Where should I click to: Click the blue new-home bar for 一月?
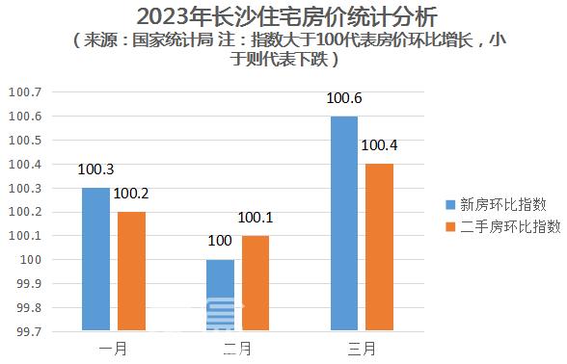click(95, 259)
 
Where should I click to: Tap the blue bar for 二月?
click(220, 295)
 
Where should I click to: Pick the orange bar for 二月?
click(255, 283)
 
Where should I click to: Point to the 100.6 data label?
click(343, 98)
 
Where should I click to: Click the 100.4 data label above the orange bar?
click(379, 145)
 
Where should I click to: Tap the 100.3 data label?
click(96, 169)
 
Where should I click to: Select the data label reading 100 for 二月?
click(220, 241)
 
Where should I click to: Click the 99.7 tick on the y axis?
click(27, 331)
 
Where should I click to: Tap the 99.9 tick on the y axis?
click(27, 284)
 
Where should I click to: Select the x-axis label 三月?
click(361, 348)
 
